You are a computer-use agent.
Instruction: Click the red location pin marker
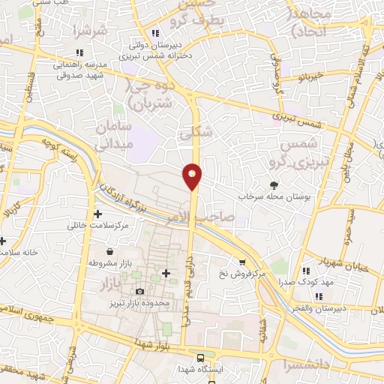click(192, 176)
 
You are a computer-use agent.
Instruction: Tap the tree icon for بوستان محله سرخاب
click(275, 184)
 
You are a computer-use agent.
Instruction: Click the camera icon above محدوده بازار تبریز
click(139, 291)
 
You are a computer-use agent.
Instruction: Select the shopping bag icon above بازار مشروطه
click(111, 252)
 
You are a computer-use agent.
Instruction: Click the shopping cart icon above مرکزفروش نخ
click(241, 262)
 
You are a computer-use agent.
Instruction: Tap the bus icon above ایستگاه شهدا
click(200, 358)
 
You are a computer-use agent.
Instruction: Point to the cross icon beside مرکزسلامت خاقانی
click(98, 214)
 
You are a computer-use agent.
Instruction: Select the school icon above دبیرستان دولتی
click(155, 33)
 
